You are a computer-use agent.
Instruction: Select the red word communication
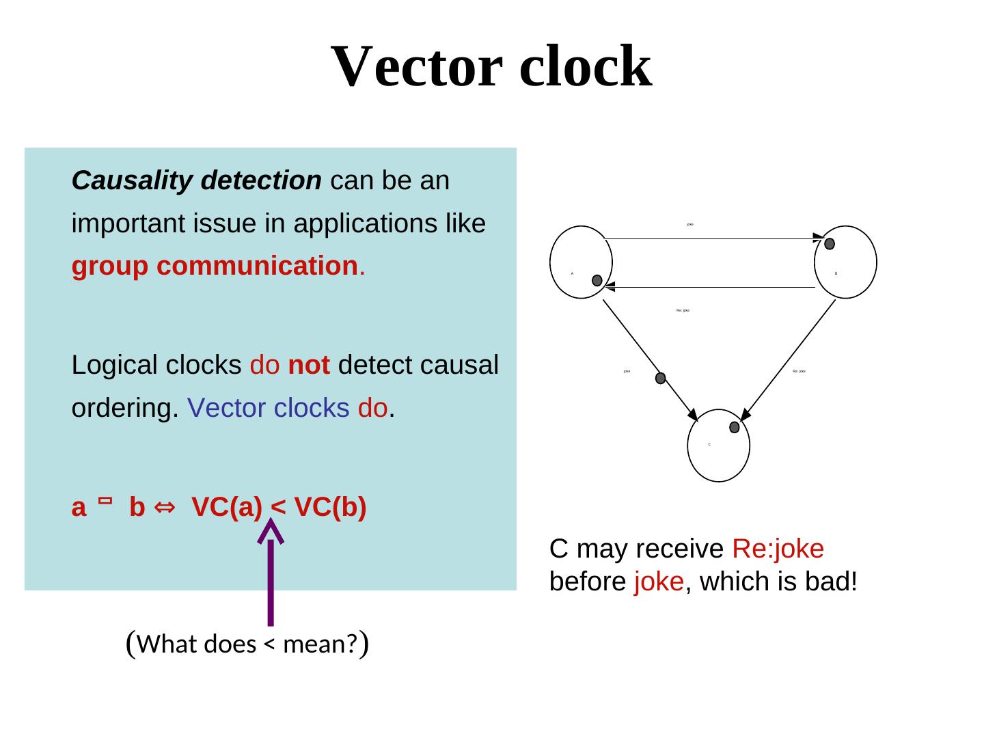pos(257,266)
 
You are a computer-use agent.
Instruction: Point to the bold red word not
pos(309,365)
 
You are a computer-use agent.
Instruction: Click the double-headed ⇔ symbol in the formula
pos(165,508)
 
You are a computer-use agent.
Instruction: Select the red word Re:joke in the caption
pos(778,549)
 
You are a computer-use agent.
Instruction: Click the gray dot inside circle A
pos(597,280)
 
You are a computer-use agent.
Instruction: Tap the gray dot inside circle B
pos(830,244)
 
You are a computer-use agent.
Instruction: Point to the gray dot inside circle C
pos(735,427)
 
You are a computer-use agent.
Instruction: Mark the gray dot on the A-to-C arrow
pos(661,378)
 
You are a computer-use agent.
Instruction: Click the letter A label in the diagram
pos(572,273)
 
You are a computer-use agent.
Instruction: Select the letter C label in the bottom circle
pos(709,445)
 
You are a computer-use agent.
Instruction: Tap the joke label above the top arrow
pos(690,224)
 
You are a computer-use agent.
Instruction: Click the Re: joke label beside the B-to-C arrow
pos(799,371)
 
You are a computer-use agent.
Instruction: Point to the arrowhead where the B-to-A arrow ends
pos(610,287)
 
